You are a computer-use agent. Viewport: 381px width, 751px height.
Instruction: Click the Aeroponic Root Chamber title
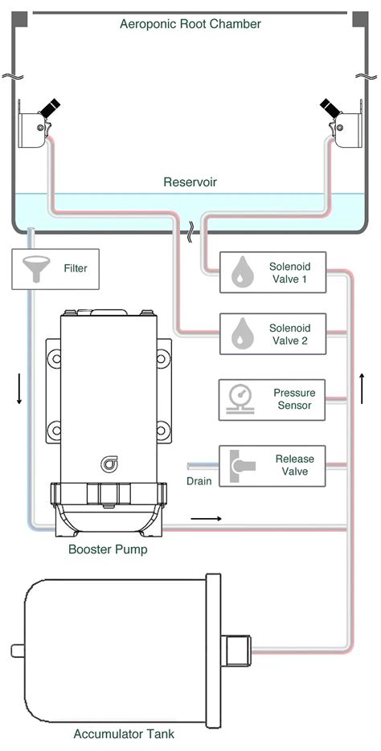tap(190, 24)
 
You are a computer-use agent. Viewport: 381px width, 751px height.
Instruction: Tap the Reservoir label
tap(190, 182)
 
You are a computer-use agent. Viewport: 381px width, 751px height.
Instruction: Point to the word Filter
tap(75, 268)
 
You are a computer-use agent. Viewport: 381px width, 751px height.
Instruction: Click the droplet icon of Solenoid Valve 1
tap(240, 271)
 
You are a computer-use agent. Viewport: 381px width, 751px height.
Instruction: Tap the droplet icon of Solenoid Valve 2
tap(240, 334)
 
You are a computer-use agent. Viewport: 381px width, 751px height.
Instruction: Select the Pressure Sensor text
tap(294, 399)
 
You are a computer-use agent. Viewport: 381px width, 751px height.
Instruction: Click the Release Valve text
tap(294, 465)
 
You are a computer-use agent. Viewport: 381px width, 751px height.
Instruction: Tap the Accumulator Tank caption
tap(124, 733)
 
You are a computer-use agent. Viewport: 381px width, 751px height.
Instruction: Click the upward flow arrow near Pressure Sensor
tap(363, 390)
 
